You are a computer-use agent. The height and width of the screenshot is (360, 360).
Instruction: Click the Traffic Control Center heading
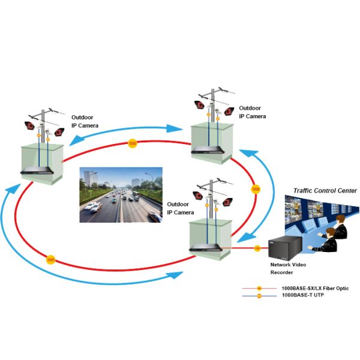[325, 190]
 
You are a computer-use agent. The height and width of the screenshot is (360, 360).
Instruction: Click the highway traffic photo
[121, 194]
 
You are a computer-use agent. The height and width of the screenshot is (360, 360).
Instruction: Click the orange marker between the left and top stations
[133, 144]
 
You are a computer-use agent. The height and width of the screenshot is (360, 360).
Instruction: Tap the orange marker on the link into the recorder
[257, 247]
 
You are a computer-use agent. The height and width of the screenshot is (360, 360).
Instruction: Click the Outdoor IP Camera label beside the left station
[85, 121]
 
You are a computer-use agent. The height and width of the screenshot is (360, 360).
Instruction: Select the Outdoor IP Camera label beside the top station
[252, 112]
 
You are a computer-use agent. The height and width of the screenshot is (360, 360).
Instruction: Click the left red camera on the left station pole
[28, 126]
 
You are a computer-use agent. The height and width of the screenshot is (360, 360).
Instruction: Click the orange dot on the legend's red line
[259, 289]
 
